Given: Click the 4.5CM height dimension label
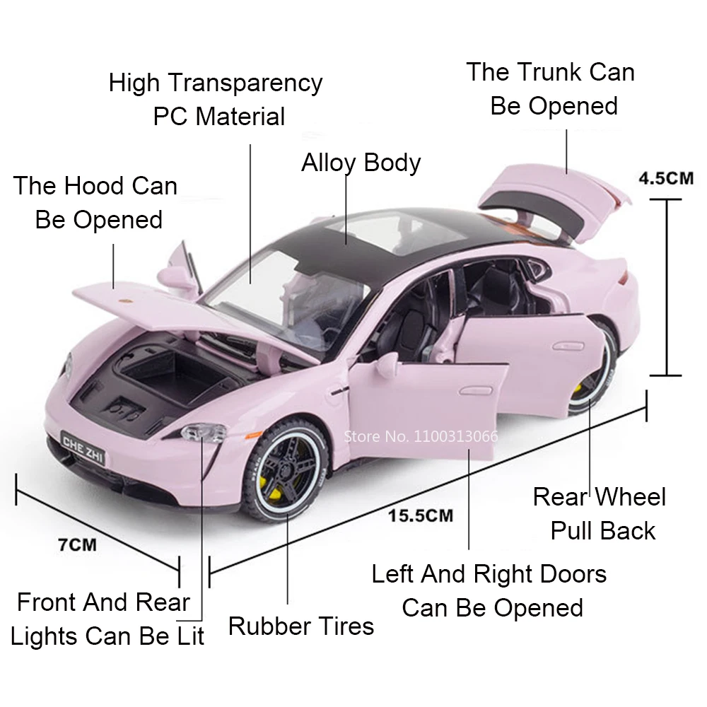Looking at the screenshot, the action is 666,177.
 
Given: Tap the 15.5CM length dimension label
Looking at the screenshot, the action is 420,515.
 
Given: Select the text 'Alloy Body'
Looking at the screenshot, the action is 361,163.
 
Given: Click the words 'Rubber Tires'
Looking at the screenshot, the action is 300,626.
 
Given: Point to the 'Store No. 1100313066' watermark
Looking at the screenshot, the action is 420,436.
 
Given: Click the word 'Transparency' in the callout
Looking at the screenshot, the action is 244,83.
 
